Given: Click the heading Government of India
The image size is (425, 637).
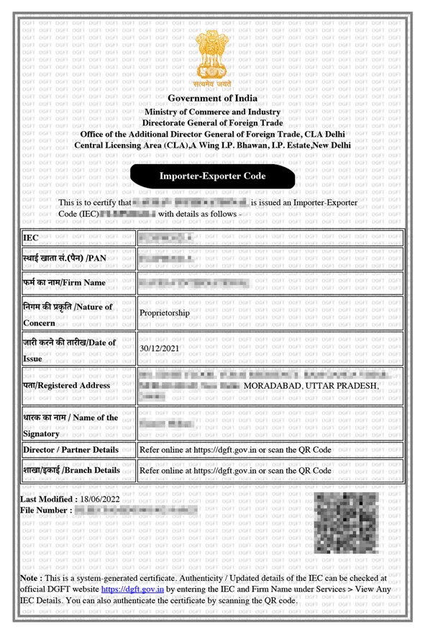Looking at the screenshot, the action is tap(212, 99).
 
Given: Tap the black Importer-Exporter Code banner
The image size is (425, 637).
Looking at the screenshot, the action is tap(212, 176).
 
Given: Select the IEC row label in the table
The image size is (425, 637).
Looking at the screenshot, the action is tap(31, 238).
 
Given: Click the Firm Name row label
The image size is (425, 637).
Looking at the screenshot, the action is tap(65, 283).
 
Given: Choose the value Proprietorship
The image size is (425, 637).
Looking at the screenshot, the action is tap(165, 313).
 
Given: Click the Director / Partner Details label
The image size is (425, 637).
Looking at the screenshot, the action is tap(70, 449).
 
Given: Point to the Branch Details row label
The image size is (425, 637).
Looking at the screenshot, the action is tap(71, 470).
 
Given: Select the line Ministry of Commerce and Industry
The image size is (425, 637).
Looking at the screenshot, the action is tap(212, 112).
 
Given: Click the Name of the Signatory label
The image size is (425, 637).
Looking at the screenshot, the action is tap(70, 425).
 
